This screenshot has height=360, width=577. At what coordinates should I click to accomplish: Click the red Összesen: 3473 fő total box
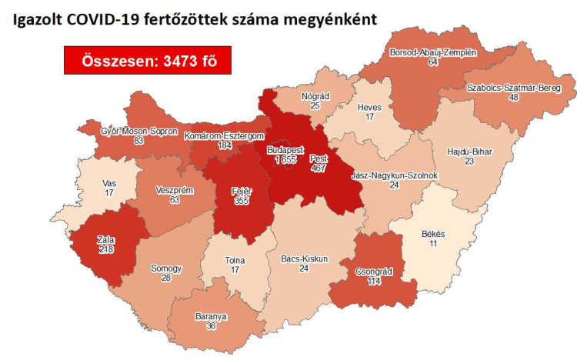point(148,61)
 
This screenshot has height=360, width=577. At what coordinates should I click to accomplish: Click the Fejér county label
point(242,190)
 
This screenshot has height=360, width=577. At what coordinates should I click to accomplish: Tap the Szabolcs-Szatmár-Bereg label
point(509,88)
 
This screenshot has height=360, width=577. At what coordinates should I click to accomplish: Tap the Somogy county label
point(167,268)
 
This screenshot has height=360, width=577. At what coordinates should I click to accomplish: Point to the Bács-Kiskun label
point(304,259)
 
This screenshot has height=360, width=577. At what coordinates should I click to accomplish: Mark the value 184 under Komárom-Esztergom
point(225,146)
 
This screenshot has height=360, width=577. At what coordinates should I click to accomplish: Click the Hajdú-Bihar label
point(469,152)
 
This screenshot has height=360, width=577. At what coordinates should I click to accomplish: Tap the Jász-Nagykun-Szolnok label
point(394,175)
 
